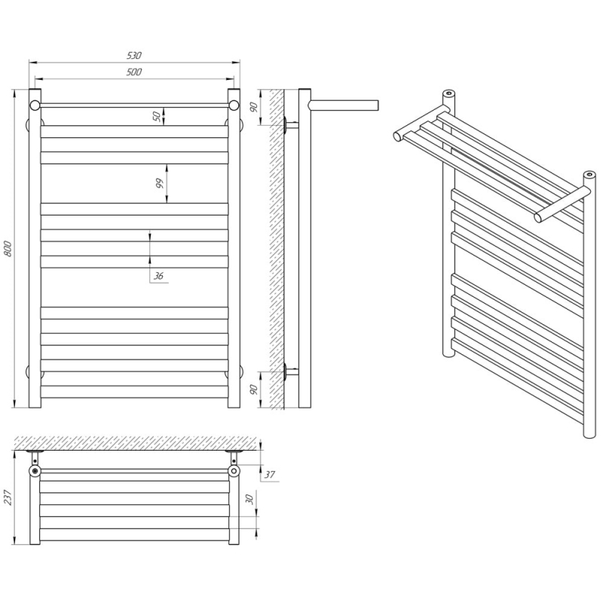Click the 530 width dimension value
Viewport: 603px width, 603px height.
(x=134, y=55)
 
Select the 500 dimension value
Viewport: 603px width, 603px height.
(x=134, y=72)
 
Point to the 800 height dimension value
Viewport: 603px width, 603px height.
(x=8, y=249)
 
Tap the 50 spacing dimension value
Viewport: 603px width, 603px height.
(x=157, y=116)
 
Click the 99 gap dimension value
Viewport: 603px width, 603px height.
(x=160, y=183)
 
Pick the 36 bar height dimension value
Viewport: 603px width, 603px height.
(x=158, y=276)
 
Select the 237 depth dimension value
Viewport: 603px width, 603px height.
(x=8, y=497)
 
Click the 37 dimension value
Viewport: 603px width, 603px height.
(x=270, y=475)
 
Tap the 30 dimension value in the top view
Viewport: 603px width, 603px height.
(x=249, y=499)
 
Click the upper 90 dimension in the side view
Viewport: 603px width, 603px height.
(x=254, y=107)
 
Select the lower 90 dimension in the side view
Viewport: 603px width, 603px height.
(x=254, y=390)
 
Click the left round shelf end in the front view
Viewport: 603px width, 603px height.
(x=35, y=106)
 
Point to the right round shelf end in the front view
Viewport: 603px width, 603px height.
(x=234, y=106)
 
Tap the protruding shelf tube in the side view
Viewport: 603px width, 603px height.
(x=344, y=105)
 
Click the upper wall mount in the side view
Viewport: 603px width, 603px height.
(x=290, y=125)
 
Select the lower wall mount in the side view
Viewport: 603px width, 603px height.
(x=290, y=372)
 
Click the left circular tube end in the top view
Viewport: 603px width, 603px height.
(x=35, y=470)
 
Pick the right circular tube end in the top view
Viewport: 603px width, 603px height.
(x=234, y=470)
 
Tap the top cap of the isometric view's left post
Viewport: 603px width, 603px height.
(x=448, y=93)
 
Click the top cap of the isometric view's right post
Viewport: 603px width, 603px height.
(x=589, y=175)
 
